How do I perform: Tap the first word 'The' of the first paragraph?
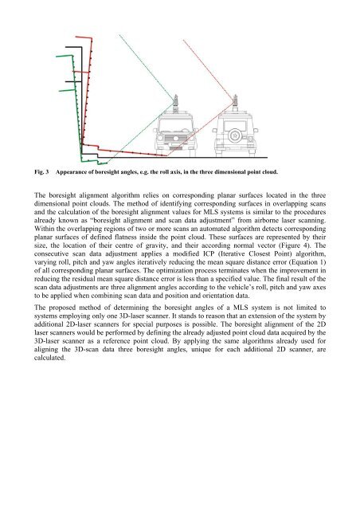[39, 195]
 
